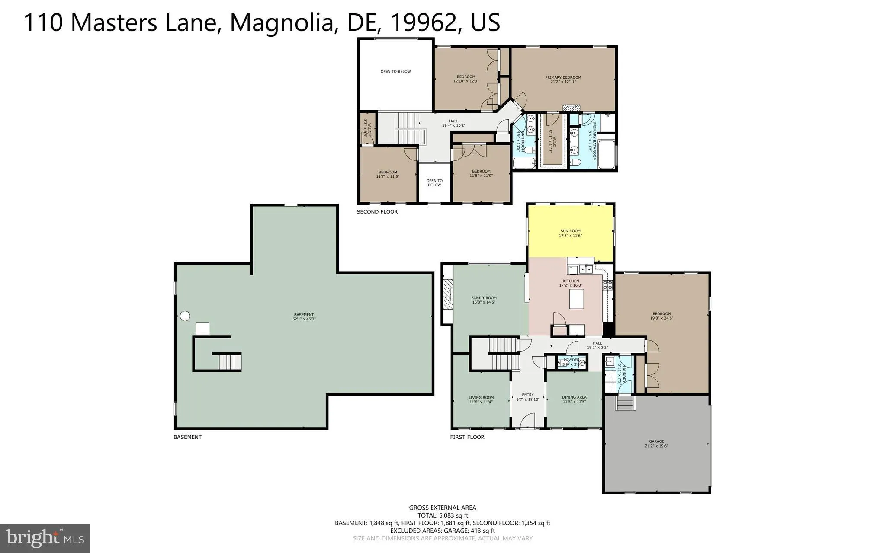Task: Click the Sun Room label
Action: coord(570,233)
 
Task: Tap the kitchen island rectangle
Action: coord(576,299)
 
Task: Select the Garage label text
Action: coord(656,444)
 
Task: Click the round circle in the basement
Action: coord(185,316)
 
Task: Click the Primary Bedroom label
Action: coord(563,79)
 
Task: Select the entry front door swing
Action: coord(526,420)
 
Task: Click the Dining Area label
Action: coord(574,399)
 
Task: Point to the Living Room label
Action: coord(481,400)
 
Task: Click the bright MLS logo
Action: coord(45,538)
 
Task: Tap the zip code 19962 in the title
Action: coord(424,22)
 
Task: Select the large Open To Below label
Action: coord(395,72)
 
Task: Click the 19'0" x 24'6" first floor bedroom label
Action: coord(661,316)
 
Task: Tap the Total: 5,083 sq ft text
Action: coord(442,515)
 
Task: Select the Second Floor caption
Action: coord(377,212)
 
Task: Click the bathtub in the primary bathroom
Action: coord(608,153)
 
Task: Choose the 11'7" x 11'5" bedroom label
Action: coord(387,174)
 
